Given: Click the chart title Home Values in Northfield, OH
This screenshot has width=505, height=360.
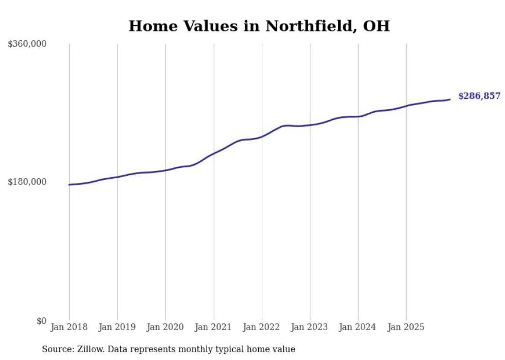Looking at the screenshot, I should tap(259, 26).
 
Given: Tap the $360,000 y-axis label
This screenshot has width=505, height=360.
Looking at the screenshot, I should tap(27, 44).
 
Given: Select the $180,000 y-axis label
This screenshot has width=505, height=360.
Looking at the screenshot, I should tap(27, 182).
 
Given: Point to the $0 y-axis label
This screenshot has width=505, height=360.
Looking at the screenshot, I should tap(41, 321).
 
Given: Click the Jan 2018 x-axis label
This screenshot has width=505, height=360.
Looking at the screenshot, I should tap(69, 327).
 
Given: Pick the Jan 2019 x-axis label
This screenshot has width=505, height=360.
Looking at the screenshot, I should tap(117, 327).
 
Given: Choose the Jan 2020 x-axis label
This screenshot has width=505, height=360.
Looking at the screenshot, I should tap(165, 327).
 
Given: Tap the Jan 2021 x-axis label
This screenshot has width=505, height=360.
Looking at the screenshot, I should tap(213, 327).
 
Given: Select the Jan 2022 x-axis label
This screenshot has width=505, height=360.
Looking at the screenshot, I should tap(262, 327).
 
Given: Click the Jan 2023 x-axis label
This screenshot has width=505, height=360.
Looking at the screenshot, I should tap(310, 327).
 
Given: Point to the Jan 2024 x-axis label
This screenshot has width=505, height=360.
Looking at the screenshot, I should tap(358, 327).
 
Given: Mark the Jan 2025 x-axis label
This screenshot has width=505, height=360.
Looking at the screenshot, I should tap(406, 327).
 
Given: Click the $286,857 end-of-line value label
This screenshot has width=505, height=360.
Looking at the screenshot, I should tap(479, 96).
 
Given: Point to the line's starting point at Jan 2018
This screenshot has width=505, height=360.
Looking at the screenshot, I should tap(70, 184).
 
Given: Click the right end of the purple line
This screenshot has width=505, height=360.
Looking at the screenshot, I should tap(450, 99).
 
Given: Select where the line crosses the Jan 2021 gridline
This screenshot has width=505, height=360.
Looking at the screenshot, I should tap(213, 153).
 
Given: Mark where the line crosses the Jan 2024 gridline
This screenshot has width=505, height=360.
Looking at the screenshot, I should tap(358, 116).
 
